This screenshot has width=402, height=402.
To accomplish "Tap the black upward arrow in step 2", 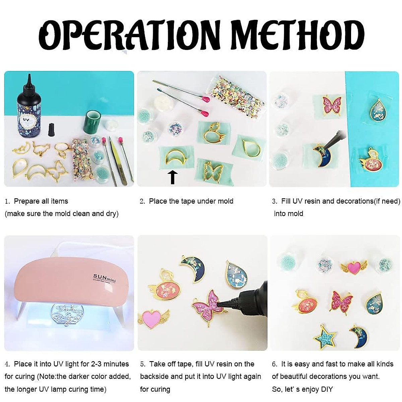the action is point(173,177).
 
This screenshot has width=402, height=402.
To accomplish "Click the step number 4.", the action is point(7,364).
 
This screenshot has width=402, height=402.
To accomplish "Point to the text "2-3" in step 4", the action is point(96,364).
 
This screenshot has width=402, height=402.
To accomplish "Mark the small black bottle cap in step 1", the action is point(51,130).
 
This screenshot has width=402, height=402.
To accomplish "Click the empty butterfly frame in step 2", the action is point(213,172).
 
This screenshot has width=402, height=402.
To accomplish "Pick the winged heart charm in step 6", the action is point(354,267).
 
